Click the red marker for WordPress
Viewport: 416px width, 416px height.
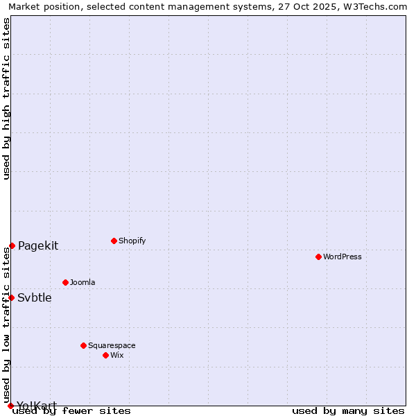coord(318,257)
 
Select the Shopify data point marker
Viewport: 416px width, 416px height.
coord(114,241)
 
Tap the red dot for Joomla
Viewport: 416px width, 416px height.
coord(65,282)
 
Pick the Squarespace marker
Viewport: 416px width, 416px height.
coord(83,345)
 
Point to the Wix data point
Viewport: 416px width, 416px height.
coord(105,355)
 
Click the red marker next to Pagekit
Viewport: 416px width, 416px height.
coord(12,245)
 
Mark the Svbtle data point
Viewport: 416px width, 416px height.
coord(11,297)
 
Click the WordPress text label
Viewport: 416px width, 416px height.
coord(343,257)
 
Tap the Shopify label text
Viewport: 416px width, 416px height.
coord(132,241)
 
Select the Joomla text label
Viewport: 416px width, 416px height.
coord(83,282)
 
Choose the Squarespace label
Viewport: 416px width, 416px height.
coord(112,345)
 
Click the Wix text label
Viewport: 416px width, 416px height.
coord(116,355)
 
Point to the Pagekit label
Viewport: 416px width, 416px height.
coord(38,245)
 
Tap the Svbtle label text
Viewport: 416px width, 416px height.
coord(35,298)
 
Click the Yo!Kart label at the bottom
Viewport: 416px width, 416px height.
coord(37,405)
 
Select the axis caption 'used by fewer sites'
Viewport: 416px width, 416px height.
coord(72,411)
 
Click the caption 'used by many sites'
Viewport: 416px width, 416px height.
coord(348,411)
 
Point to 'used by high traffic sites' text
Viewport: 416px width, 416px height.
coord(6,99)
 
